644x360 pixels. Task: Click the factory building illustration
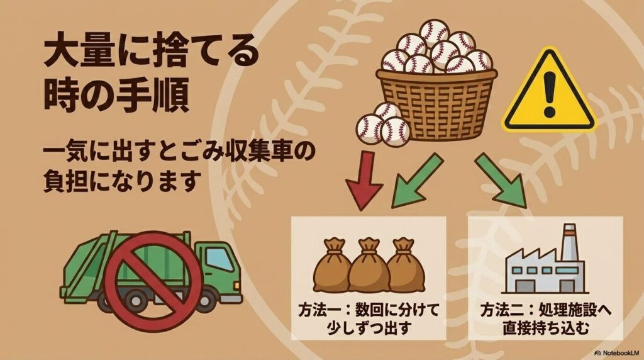click(x=545, y=264)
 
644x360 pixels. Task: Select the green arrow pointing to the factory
click(x=501, y=179)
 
